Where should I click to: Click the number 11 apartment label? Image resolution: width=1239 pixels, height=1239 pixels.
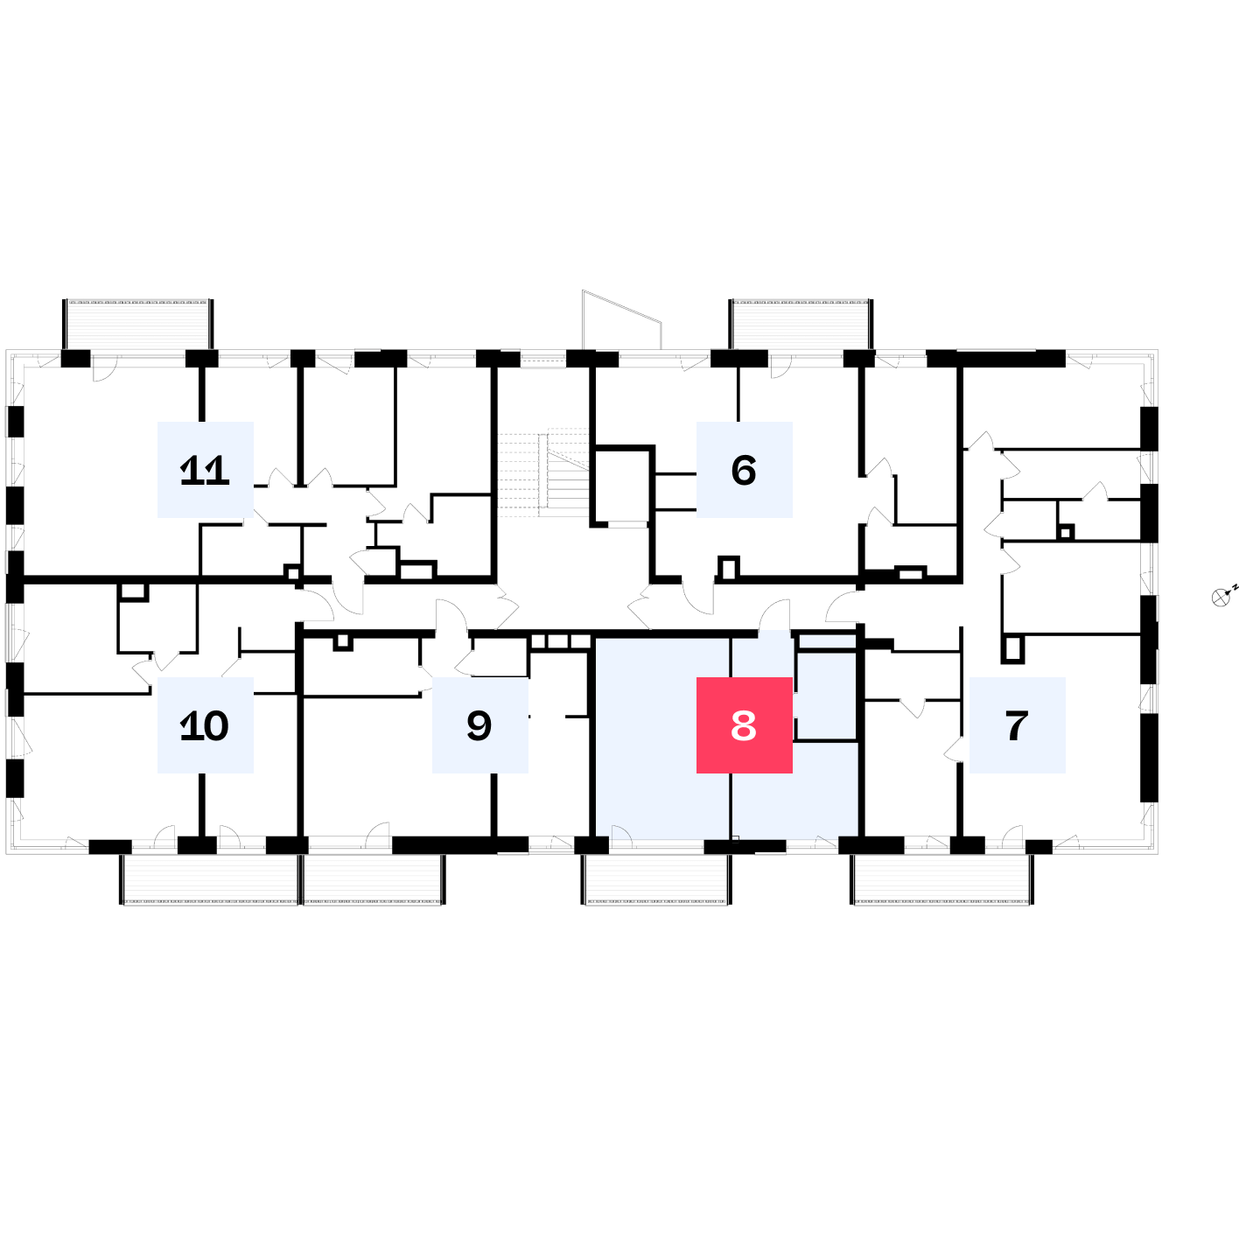click(x=205, y=470)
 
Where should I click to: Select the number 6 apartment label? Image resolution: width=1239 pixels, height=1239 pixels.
click(x=744, y=470)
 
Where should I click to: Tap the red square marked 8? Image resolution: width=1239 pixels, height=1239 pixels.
click(x=744, y=725)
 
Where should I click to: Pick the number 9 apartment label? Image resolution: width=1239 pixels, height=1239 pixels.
click(x=479, y=725)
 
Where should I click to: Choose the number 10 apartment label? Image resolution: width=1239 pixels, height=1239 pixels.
click(x=205, y=725)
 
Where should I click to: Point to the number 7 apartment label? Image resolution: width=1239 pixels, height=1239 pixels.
click(x=1017, y=725)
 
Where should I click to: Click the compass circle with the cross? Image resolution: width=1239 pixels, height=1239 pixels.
click(x=1220, y=598)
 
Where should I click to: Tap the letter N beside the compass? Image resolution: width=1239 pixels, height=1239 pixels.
click(x=1235, y=587)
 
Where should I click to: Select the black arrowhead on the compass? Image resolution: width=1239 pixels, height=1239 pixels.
click(x=1228, y=593)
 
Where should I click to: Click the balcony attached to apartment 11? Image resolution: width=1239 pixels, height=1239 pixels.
click(x=138, y=325)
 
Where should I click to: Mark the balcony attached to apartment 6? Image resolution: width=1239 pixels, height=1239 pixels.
click(x=801, y=325)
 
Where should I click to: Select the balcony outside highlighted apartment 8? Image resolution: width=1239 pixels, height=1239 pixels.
click(x=656, y=879)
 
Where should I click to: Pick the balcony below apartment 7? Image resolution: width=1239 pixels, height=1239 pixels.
click(x=941, y=879)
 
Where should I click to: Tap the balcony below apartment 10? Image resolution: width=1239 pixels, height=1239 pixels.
click(x=210, y=879)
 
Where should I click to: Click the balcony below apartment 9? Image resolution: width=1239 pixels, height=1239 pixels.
click(x=374, y=879)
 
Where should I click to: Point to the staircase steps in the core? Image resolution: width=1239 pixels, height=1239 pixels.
click(x=543, y=472)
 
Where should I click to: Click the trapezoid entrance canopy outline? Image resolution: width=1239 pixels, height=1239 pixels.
click(x=622, y=319)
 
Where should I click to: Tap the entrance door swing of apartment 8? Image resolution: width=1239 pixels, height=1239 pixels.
click(x=774, y=615)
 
